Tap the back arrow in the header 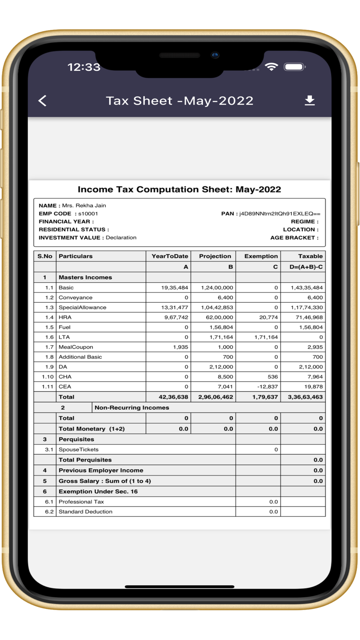tap(42, 101)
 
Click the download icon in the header tap(310, 100)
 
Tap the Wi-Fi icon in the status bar tap(271, 67)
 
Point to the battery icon tap(294, 67)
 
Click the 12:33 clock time tap(84, 67)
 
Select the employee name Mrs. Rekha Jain tap(84, 206)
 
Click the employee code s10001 tap(88, 213)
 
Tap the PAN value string tap(280, 213)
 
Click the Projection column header tap(215, 256)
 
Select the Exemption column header tap(261, 256)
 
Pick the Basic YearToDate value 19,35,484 tap(175, 288)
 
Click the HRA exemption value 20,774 tap(269, 317)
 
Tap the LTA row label tap(64, 337)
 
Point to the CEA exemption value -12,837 tap(267, 387)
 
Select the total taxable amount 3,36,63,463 tap(305, 397)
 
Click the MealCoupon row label tap(76, 347)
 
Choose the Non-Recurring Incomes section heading tap(132, 407)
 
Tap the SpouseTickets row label tap(78, 450)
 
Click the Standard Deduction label tap(85, 511)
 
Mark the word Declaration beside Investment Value tap(121, 238)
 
